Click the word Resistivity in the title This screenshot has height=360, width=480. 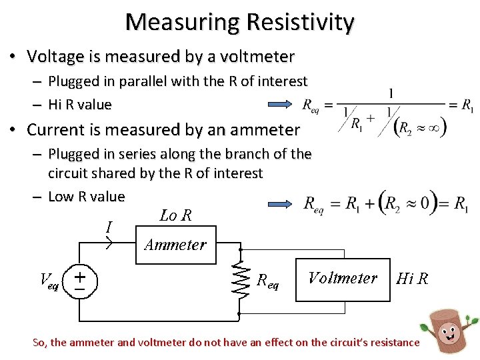[300, 23]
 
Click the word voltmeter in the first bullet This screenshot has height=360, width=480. [257, 57]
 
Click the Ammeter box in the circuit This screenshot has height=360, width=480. [175, 245]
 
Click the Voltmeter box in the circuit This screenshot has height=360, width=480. [342, 278]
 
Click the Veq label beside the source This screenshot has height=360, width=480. [49, 281]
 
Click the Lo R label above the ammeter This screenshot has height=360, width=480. [175, 215]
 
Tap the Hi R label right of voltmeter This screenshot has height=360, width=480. [412, 279]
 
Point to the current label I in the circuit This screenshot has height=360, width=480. [109, 227]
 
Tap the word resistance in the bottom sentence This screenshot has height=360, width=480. [393, 343]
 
